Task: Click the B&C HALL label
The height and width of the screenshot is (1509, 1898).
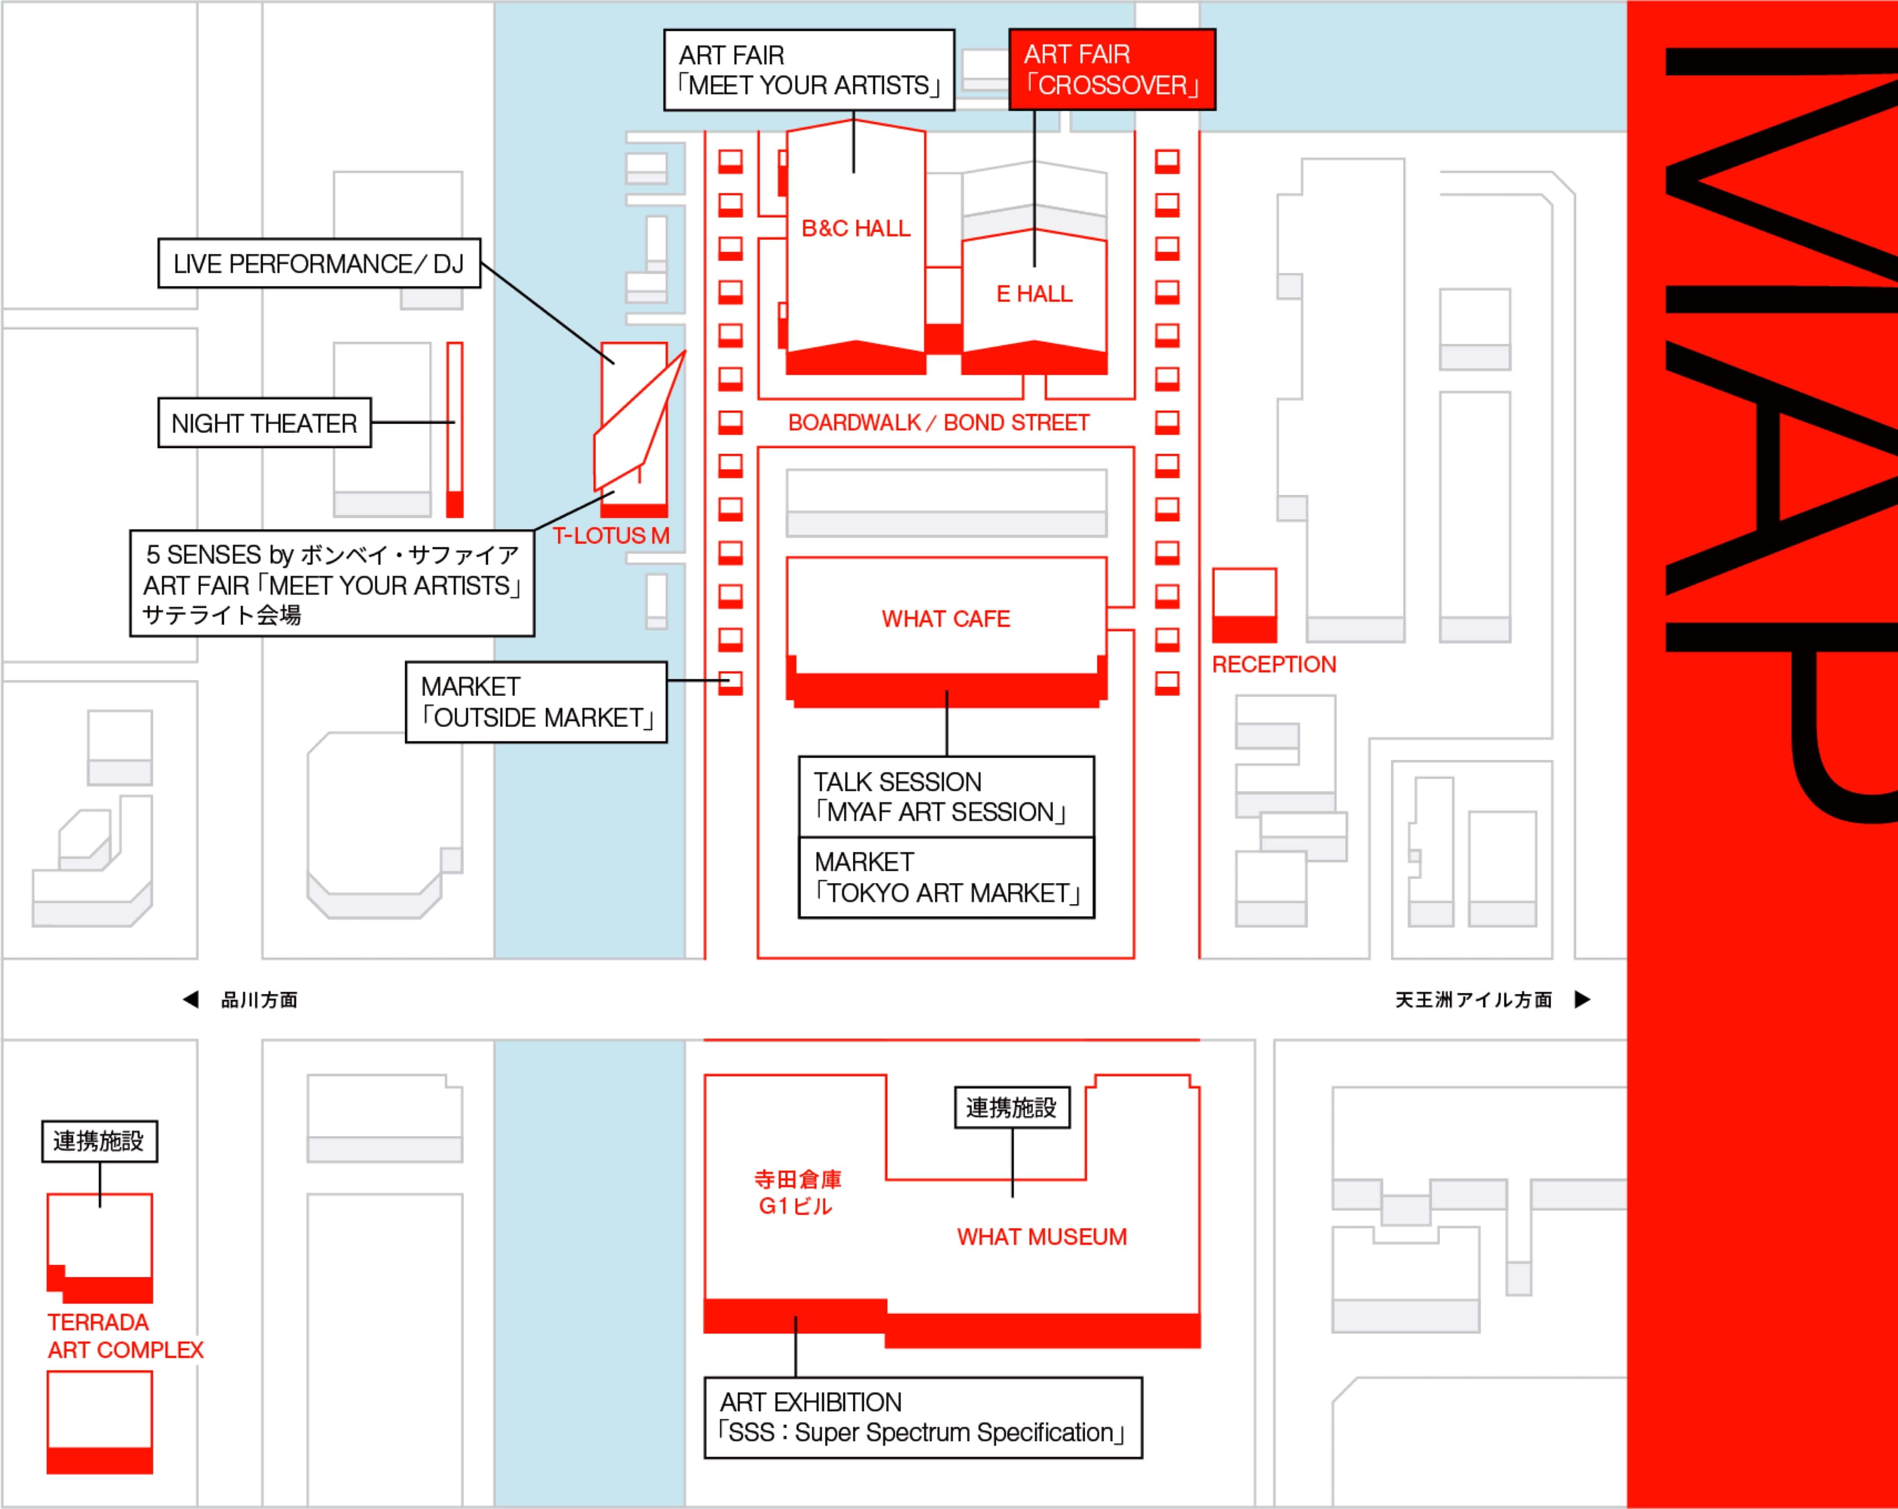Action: pyautogui.click(x=855, y=229)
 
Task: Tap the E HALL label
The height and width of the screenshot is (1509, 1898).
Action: pyautogui.click(x=1034, y=294)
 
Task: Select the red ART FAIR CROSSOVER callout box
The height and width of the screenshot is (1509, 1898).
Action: pyautogui.click(x=1112, y=70)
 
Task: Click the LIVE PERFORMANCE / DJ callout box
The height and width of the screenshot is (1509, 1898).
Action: pyautogui.click(x=319, y=263)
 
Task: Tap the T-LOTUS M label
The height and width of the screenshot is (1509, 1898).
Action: pyautogui.click(x=611, y=535)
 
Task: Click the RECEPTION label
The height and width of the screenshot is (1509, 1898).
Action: pyautogui.click(x=1274, y=665)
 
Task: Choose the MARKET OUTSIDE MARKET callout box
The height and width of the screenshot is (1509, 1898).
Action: pyautogui.click(x=536, y=703)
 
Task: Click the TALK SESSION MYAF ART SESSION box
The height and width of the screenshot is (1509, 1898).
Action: pyautogui.click(x=946, y=797)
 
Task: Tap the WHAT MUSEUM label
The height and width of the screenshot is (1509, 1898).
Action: pyautogui.click(x=1042, y=1237)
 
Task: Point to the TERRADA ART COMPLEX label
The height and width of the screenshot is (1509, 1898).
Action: pyautogui.click(x=125, y=1336)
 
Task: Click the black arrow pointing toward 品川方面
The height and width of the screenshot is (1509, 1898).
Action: pyautogui.click(x=190, y=999)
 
